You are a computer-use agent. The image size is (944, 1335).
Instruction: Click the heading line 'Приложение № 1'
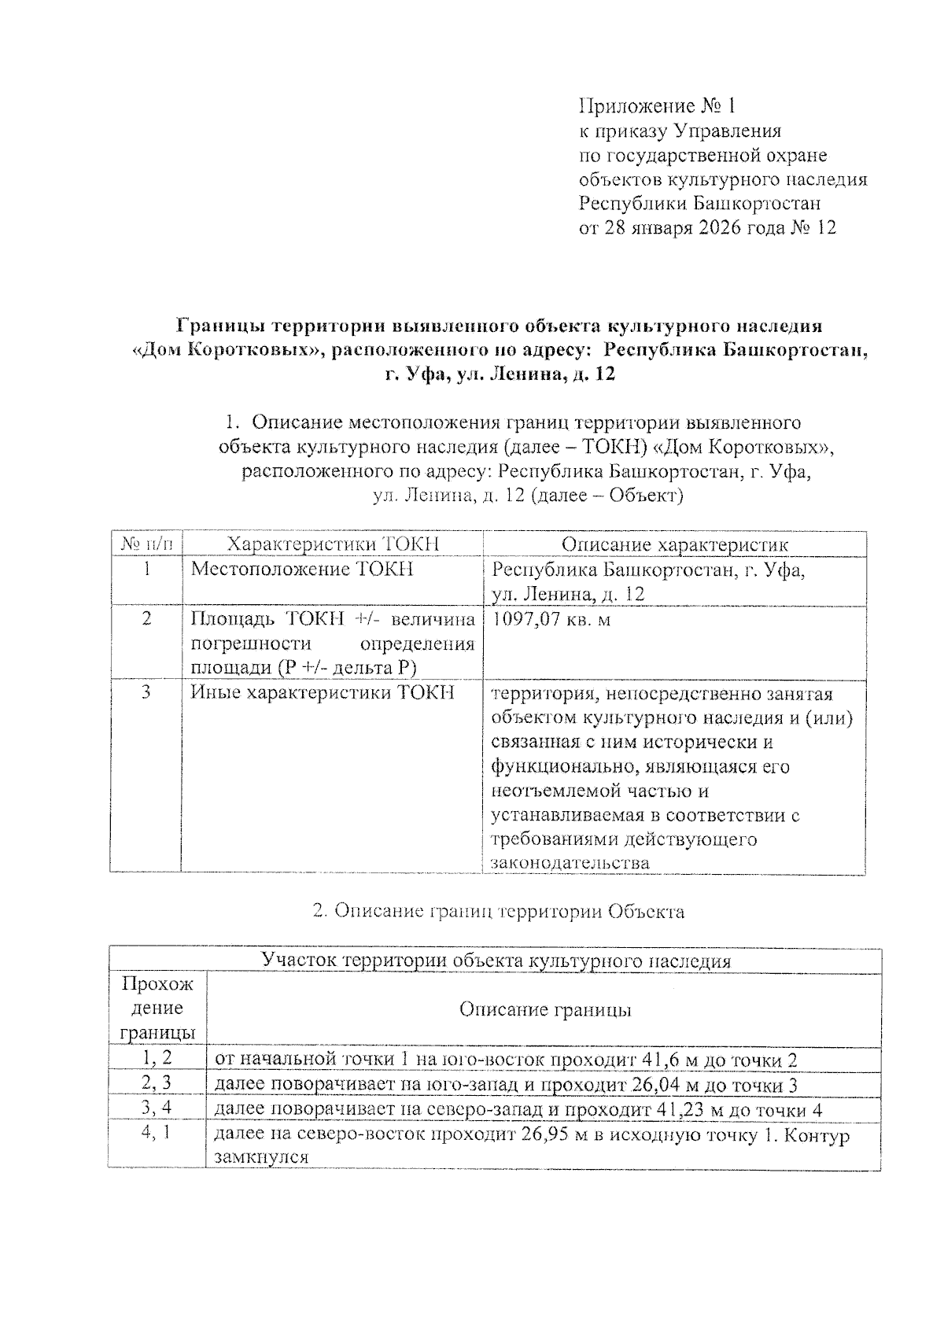(657, 105)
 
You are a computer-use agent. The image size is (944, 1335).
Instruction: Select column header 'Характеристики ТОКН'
(332, 544)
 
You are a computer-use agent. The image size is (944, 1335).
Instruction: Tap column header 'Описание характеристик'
(674, 544)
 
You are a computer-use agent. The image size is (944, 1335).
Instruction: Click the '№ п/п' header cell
(146, 544)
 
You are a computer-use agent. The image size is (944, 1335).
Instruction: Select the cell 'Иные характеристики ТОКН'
(323, 693)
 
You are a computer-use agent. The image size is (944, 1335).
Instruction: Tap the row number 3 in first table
(146, 693)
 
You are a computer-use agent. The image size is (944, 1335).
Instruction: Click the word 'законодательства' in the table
(570, 863)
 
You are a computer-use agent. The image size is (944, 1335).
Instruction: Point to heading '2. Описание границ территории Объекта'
(498, 911)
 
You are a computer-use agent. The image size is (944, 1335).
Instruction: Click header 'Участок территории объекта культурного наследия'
(496, 961)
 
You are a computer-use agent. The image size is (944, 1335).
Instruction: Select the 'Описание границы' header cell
(545, 1010)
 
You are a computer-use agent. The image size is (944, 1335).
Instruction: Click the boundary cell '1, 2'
(157, 1059)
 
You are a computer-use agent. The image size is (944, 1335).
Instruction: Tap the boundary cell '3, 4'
(157, 1108)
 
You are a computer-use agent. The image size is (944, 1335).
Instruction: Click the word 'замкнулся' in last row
(260, 1157)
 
